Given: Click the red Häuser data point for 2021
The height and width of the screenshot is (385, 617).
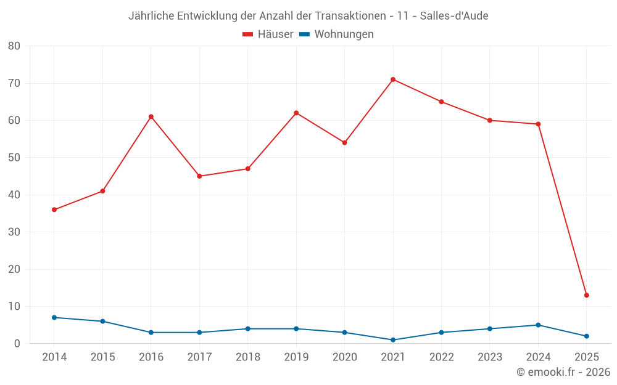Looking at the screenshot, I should [393, 79].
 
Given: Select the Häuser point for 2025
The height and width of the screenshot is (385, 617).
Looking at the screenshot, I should [586, 295].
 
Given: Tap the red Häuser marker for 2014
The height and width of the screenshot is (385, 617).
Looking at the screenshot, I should [54, 209].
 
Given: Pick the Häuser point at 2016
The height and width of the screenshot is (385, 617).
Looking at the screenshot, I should [151, 116].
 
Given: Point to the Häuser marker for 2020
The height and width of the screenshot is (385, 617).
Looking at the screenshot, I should [344, 142].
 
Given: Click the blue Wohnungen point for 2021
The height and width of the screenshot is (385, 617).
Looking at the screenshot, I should [393, 340].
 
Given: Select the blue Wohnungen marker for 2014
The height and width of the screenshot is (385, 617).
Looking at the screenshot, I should [54, 317].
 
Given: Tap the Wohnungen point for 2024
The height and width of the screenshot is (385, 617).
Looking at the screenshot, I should [538, 325].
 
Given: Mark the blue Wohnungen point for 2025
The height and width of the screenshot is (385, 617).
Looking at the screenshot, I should [586, 336].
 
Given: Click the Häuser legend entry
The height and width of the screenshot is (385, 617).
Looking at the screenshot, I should [268, 34].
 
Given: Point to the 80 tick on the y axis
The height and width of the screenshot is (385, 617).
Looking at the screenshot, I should [14, 46].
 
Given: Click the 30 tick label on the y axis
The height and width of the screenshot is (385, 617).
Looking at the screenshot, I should [14, 232].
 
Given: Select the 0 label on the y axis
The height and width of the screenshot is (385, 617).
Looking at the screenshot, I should [17, 344].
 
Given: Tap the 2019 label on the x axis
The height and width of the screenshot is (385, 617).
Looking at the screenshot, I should [296, 357].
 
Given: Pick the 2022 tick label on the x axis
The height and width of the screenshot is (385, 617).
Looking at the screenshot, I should [441, 357].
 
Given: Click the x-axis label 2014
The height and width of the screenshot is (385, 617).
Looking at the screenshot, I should [54, 357].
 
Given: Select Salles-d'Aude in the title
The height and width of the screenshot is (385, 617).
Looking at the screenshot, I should [454, 16].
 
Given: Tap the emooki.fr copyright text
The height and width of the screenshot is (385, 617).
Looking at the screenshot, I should [563, 372].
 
